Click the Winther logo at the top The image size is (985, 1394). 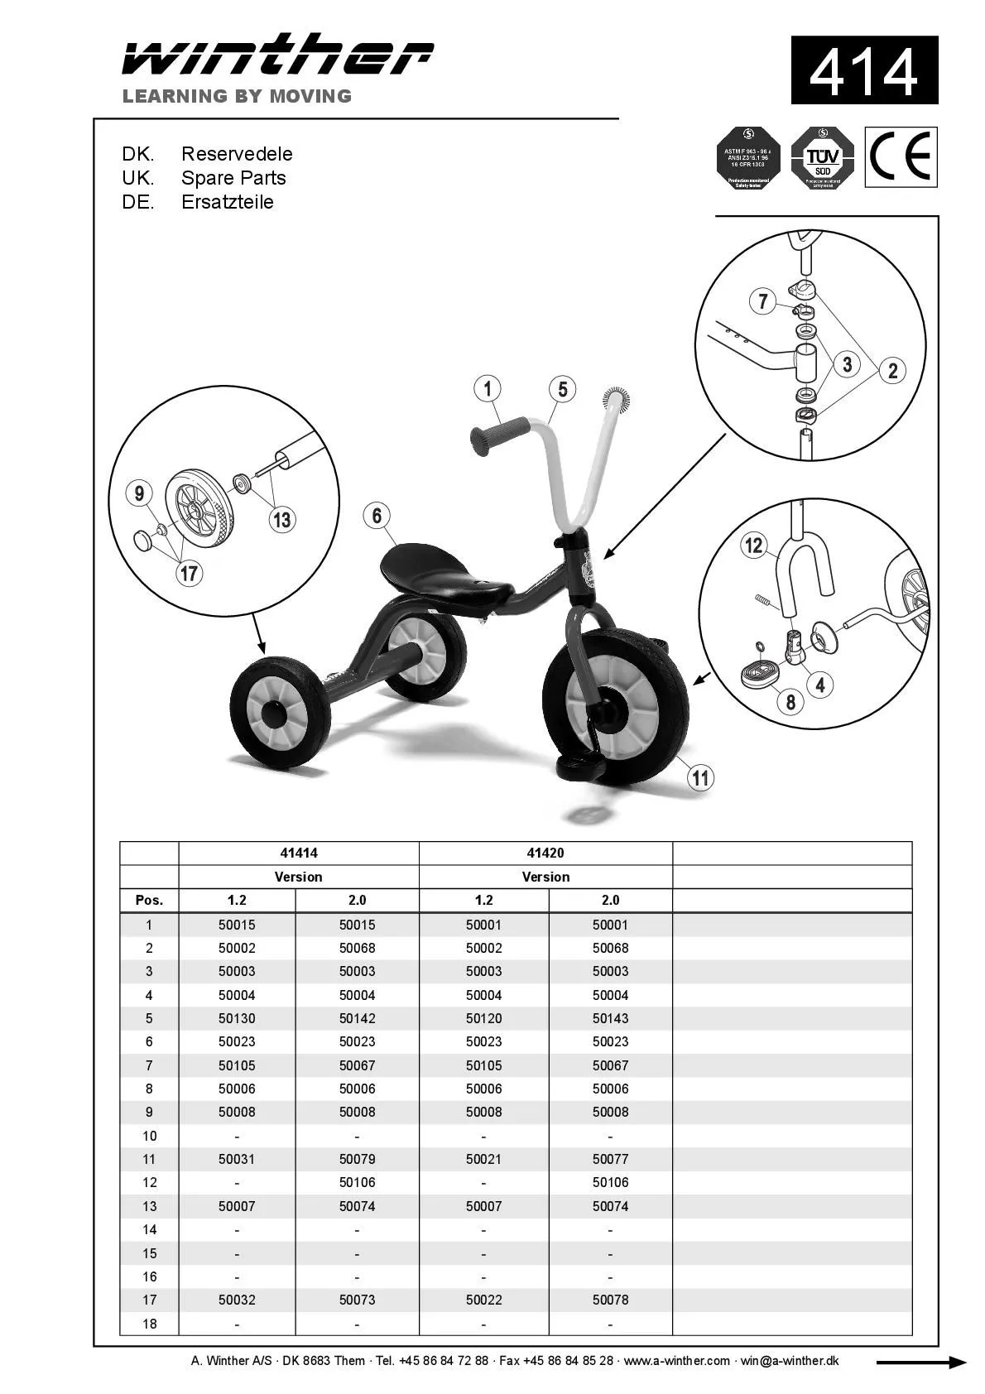click(x=277, y=56)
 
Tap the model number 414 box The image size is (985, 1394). click(x=863, y=70)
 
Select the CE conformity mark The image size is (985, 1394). click(x=901, y=156)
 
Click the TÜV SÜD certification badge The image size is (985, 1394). click(x=822, y=157)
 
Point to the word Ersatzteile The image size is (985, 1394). click(x=227, y=202)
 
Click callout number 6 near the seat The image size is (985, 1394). click(x=377, y=516)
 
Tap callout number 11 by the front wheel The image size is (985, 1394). click(x=701, y=777)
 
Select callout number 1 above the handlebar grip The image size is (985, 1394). click(x=488, y=388)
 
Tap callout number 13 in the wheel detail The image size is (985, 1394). click(x=282, y=519)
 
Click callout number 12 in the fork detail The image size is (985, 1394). click(x=753, y=545)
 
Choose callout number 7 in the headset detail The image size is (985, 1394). click(x=763, y=301)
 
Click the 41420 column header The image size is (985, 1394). click(x=545, y=853)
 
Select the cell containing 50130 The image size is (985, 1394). click(x=237, y=1018)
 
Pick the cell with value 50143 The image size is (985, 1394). click(x=610, y=1018)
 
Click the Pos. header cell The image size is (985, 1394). click(x=149, y=900)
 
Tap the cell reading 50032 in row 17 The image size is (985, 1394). click(x=237, y=1300)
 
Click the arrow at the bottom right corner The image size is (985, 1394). click(x=920, y=1363)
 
